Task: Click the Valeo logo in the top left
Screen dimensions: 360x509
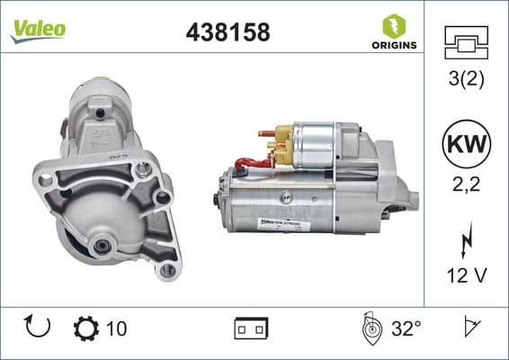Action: tap(37, 30)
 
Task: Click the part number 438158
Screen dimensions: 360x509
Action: tap(228, 32)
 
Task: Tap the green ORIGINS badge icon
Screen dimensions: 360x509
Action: tap(392, 24)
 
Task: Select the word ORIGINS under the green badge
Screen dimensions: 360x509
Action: tap(392, 45)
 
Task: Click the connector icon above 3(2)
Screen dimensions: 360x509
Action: tap(466, 42)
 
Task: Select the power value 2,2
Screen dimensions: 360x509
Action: tap(466, 186)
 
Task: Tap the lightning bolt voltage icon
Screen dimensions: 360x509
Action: tap(466, 241)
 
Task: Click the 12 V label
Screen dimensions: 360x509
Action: tap(466, 274)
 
